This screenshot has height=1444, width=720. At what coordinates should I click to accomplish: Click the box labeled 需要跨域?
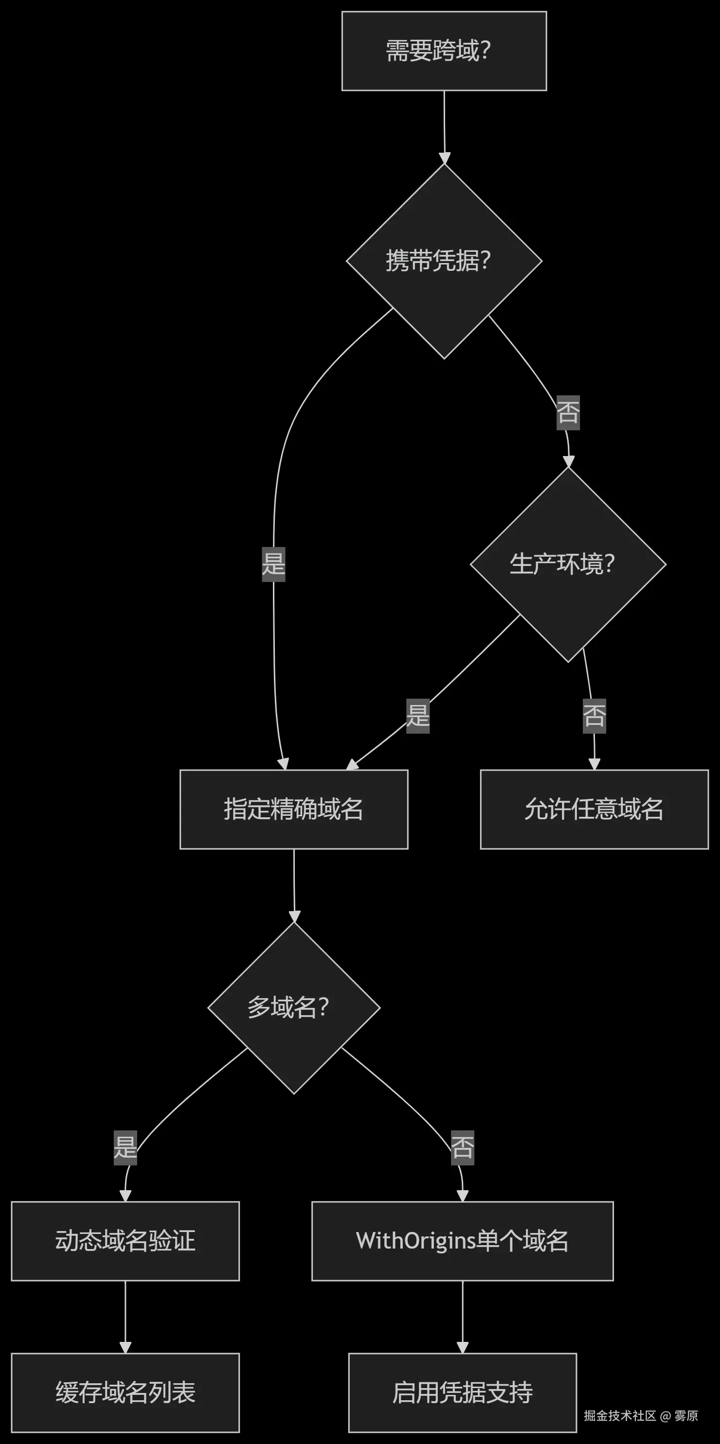click(444, 51)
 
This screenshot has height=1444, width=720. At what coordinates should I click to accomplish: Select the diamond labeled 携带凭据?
click(444, 261)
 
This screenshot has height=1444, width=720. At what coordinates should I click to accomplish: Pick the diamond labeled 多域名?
click(294, 1008)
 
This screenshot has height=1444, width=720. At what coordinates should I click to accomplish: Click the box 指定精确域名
click(293, 810)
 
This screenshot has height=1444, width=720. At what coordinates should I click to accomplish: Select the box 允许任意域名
click(594, 810)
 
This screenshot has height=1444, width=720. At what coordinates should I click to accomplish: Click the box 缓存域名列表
click(125, 1392)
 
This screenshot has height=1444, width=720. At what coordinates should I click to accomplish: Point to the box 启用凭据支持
click(462, 1392)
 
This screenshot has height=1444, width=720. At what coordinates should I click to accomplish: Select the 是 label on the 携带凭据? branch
click(273, 564)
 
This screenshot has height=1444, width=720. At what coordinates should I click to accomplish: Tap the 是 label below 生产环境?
click(418, 716)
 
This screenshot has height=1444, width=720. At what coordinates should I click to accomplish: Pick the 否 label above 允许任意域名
click(594, 716)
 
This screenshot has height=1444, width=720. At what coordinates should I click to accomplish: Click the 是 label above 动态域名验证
click(125, 1147)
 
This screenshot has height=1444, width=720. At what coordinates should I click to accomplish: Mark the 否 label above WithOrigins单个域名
click(462, 1147)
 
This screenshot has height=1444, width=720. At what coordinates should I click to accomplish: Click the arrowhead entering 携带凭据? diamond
click(445, 158)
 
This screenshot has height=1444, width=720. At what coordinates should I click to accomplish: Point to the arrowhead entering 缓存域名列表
click(125, 1347)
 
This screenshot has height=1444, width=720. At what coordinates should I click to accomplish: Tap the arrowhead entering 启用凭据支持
click(462, 1347)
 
